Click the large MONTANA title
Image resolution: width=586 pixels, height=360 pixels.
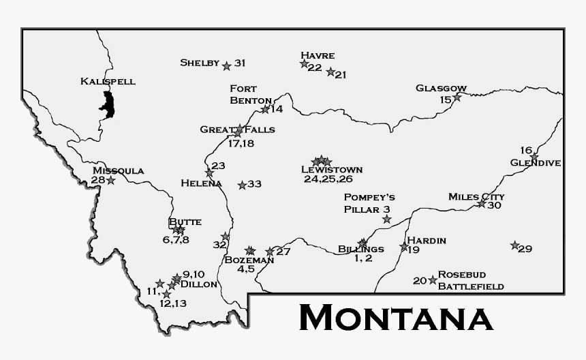tap(395, 318)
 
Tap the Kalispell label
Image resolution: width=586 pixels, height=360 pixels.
tap(108, 81)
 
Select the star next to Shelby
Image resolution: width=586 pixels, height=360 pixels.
tap(226, 66)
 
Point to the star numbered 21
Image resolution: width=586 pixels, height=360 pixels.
tap(330, 72)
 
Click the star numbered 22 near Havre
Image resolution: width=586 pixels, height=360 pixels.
tap(305, 63)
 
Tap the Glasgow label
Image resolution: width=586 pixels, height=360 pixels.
tap(441, 88)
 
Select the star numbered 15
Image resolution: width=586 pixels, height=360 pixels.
tap(457, 97)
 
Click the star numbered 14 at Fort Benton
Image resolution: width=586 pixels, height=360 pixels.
tap(265, 109)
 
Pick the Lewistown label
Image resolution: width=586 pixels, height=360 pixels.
tap(332, 170)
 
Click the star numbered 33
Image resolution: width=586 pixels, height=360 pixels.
tap(242, 185)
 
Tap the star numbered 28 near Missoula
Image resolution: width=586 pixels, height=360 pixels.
tap(110, 181)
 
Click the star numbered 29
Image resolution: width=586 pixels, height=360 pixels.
tap(515, 245)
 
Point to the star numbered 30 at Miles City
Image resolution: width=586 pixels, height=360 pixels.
tap(482, 204)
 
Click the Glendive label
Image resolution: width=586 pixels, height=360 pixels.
tap(535, 163)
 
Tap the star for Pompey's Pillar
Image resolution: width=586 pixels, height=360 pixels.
tap(387, 219)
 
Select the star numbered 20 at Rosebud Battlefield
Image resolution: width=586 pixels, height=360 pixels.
tap(433, 280)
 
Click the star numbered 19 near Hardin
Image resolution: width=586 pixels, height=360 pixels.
tap(404, 247)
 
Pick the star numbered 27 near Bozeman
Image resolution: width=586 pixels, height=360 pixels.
tap(270, 252)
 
